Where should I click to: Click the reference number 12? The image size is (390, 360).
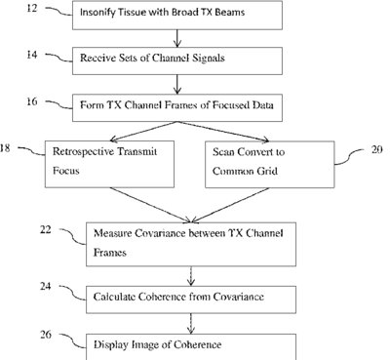point(32,8)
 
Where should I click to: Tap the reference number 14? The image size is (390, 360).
point(32,55)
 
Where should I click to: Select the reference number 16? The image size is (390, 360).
point(32,101)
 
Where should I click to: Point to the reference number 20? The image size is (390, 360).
point(376,149)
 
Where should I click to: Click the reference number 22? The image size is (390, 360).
point(46,230)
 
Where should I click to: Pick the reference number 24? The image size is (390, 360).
point(46,287)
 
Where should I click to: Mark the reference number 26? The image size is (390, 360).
point(46,335)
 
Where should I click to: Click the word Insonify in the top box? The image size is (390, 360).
point(95,13)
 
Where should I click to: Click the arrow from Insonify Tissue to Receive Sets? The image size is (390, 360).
point(177,38)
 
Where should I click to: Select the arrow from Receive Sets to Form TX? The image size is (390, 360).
point(177,85)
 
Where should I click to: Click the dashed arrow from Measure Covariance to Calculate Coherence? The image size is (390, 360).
point(191,276)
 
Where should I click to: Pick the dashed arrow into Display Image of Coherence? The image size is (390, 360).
point(191,324)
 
